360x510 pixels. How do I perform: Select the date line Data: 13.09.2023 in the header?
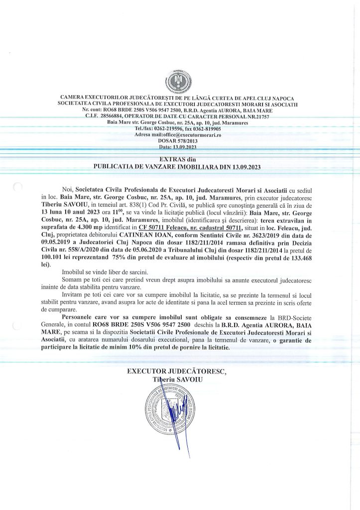pos(178,147)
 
